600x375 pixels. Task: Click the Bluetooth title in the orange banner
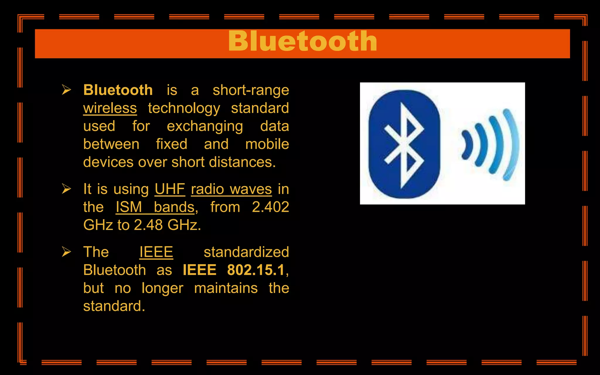tap(302, 41)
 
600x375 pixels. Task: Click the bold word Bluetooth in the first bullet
tap(118, 90)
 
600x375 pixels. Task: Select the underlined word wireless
tap(110, 108)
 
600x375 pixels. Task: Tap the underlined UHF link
tap(170, 189)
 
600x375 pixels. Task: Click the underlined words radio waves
tap(231, 189)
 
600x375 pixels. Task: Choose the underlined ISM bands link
tap(155, 207)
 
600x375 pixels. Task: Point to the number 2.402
tap(270, 207)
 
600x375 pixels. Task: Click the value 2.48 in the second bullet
tap(148, 225)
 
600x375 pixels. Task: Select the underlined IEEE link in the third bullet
tap(156, 252)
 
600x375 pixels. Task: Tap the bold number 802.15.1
tap(256, 270)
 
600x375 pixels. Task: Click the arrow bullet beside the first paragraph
tap(67, 90)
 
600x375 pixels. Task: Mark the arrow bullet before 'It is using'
tap(67, 189)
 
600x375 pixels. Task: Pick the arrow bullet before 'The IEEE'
tap(67, 252)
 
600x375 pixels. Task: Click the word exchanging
tap(205, 126)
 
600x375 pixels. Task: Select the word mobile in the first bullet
tap(267, 144)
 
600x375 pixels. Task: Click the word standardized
tap(246, 252)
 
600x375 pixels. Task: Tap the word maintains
tap(226, 288)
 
